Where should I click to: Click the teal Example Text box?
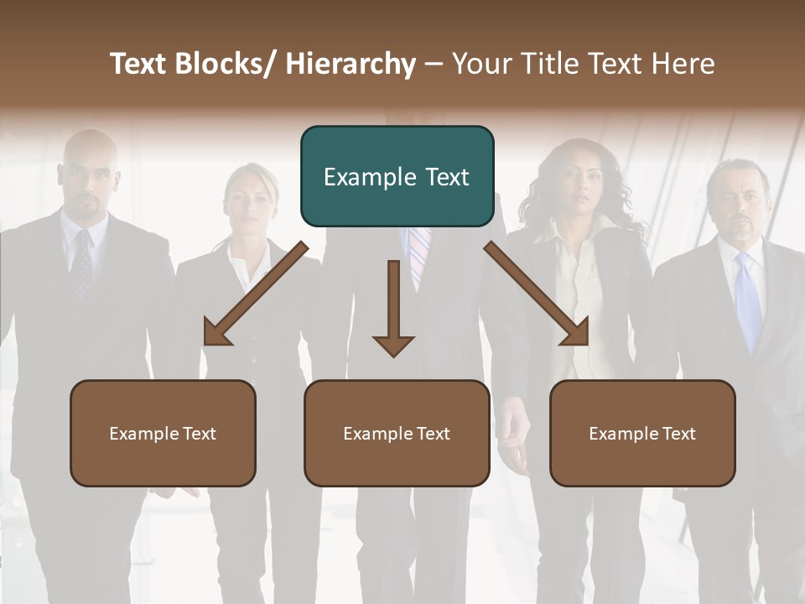pos(397,176)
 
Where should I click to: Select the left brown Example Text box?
pos(163,433)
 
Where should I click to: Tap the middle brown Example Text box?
pos(397,433)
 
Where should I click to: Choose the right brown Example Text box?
pos(642,433)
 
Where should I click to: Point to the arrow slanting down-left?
pos(255,294)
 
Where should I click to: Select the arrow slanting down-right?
pos(537,294)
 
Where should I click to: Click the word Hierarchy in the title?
pos(351,64)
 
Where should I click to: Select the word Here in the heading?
pos(684,64)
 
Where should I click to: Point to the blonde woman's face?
pos(249,201)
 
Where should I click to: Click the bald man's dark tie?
pos(82,264)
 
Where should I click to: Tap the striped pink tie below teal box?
pos(419,256)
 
